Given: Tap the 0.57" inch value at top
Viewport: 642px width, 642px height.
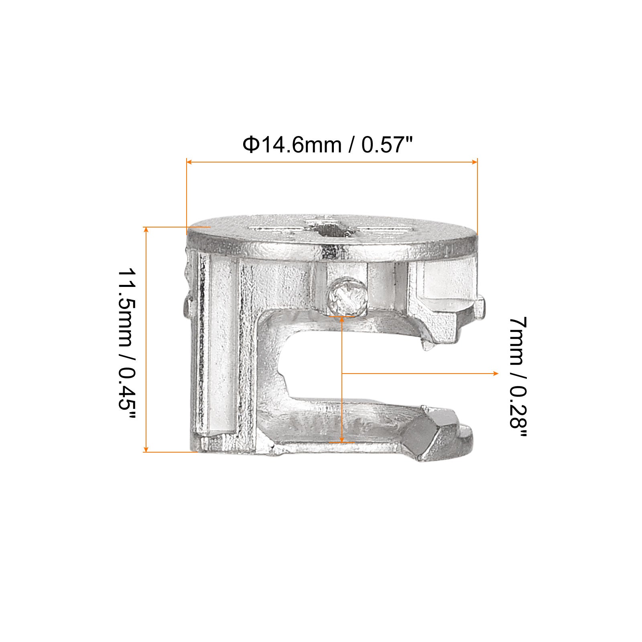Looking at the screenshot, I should point(388,145).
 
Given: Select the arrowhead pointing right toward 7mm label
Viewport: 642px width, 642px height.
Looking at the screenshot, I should point(496,373).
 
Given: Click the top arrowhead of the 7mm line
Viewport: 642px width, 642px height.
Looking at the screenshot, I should point(342,308).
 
